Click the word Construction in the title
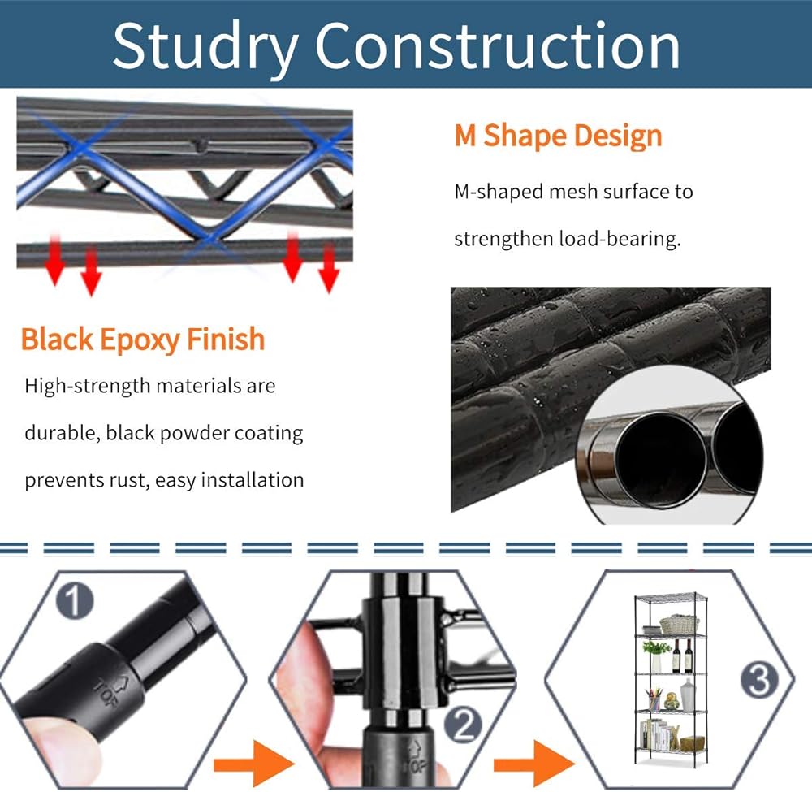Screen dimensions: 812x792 [x=497, y=45]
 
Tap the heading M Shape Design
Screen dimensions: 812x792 [x=559, y=136]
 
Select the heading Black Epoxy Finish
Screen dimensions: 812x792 [x=143, y=340]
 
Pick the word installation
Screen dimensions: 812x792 [x=253, y=479]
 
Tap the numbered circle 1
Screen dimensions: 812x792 [x=75, y=601]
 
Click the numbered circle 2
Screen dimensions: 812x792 [x=463, y=725]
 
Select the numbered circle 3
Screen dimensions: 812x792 [x=759, y=680]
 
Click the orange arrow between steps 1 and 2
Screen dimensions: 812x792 [x=254, y=764]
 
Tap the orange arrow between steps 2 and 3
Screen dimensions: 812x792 [x=534, y=764]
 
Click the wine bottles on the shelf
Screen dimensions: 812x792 [x=682, y=656]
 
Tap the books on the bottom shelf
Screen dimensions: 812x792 [x=659, y=735]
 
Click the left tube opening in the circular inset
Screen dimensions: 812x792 [x=659, y=460]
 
